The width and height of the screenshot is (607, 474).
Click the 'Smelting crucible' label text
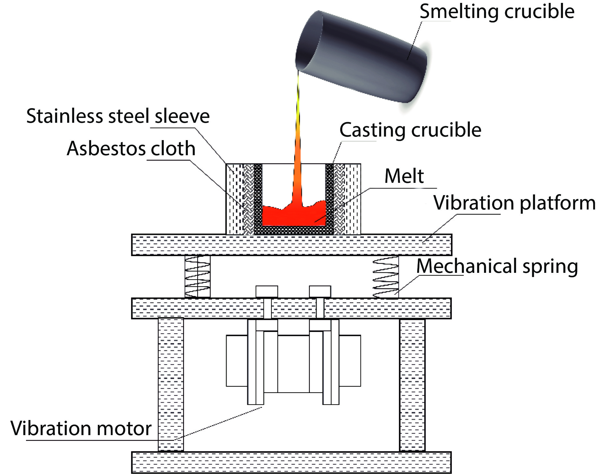497,12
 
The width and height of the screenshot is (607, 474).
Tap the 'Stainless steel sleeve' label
118,116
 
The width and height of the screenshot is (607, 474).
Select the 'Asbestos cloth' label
131,148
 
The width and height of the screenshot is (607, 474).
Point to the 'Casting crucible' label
410,130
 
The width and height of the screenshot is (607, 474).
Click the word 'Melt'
404,176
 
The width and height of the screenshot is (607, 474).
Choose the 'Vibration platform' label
515,203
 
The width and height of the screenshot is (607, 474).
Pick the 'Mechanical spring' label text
497,266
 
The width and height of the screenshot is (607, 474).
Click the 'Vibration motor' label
81,428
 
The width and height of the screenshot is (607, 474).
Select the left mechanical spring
198,277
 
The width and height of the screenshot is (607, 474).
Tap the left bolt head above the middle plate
267,291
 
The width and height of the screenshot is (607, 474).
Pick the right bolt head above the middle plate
320,291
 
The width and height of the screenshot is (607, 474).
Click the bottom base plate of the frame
291,462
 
